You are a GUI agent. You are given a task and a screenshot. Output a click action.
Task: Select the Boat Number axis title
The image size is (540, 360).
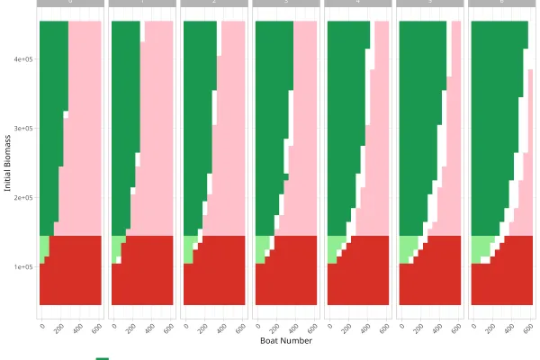[285, 341]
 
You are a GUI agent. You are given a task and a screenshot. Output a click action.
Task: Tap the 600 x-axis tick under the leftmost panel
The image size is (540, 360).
[96, 328]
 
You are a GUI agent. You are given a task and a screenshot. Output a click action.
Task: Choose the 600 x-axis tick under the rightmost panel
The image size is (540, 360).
[528, 328]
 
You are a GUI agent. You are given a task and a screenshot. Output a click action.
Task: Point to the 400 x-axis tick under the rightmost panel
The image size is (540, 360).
[509, 328]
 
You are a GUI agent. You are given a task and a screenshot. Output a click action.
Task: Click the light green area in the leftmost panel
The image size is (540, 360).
[43, 246]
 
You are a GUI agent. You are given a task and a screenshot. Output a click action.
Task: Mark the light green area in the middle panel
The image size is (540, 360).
[261, 247]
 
